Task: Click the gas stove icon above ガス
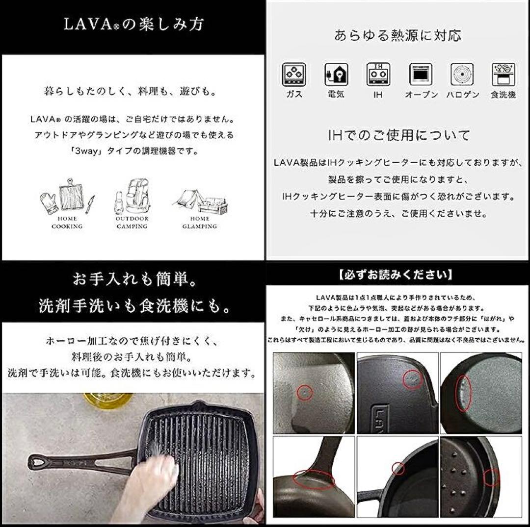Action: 294,75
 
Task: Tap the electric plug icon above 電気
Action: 336,75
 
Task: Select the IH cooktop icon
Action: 378,75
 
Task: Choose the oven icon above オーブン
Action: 421,75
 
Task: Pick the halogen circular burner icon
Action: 462,75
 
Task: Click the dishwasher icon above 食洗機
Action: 503,75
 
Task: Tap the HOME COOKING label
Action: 67,223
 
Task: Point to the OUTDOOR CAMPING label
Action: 132,223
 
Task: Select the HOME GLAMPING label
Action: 199,223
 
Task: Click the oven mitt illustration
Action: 50,203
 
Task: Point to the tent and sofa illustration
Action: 200,201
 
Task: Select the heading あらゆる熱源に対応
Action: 397,35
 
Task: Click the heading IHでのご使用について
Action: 399,135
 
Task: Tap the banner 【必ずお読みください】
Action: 395,275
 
